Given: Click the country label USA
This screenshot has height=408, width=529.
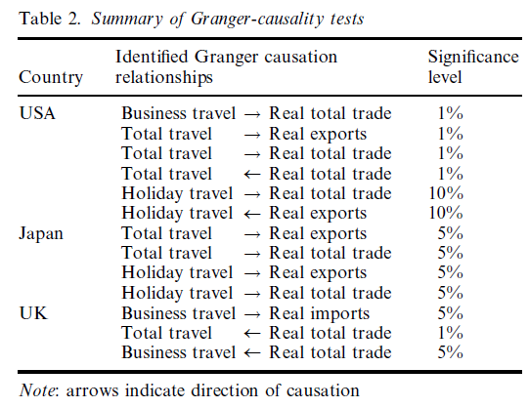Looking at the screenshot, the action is click(37, 113).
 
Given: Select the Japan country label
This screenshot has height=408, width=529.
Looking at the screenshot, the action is click(41, 233).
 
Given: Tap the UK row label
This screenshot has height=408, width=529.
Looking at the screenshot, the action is click(33, 313).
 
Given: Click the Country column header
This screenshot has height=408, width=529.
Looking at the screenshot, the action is click(51, 77).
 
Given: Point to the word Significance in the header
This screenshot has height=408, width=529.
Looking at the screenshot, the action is click(473, 58).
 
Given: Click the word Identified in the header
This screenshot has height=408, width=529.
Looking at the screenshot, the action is click(152, 57).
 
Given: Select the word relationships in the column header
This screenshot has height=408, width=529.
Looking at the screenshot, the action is click(164, 77).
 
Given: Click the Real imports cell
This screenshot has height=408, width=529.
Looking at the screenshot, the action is click(319, 313).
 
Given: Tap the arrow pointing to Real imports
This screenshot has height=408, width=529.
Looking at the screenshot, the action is click(252, 315).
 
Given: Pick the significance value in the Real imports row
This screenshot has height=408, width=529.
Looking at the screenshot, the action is click(451, 313).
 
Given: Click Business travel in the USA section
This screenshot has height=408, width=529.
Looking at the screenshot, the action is click(179, 113).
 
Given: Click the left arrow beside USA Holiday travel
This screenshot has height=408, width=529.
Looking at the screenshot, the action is click(252, 214).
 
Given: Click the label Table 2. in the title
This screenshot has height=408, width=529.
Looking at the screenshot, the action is click(50, 19).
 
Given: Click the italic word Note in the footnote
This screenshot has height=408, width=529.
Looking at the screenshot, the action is click(36, 390).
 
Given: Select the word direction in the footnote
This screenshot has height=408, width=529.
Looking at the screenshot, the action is click(225, 390).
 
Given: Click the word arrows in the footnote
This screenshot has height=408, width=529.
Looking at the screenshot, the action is click(93, 391).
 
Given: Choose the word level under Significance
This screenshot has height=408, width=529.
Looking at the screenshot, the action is click(445, 77).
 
